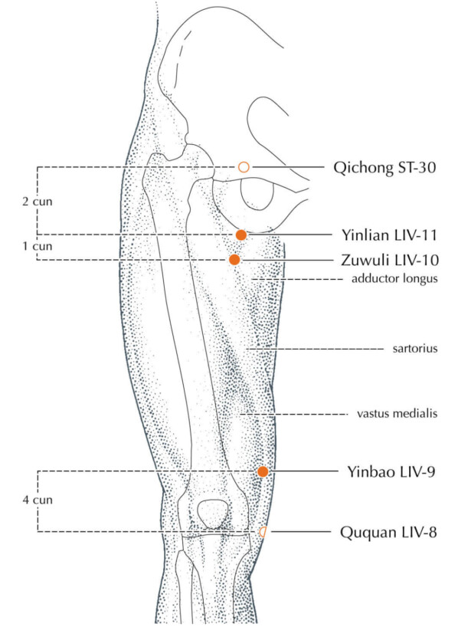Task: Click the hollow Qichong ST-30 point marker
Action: [x=244, y=167]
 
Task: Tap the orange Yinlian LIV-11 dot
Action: [x=241, y=235]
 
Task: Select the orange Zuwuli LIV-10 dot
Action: [x=234, y=260]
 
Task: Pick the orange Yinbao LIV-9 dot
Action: [x=263, y=471]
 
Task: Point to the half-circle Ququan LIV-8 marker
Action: [x=263, y=532]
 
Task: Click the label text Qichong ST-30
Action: [x=384, y=168]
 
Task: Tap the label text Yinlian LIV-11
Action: [x=388, y=235]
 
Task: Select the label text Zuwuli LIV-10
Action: [x=390, y=260]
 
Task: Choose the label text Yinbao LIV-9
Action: [x=391, y=472]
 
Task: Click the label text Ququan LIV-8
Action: [x=388, y=532]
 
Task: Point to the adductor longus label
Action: [x=394, y=278]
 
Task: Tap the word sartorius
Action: [x=415, y=349]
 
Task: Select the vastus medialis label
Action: [x=397, y=413]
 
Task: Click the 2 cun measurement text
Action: [x=38, y=201]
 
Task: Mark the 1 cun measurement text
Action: [x=38, y=246]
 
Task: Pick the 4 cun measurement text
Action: [x=38, y=500]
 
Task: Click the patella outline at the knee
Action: [x=198, y=514]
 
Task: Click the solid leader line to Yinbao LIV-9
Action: [x=303, y=471]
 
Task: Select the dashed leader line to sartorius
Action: [x=315, y=349]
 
